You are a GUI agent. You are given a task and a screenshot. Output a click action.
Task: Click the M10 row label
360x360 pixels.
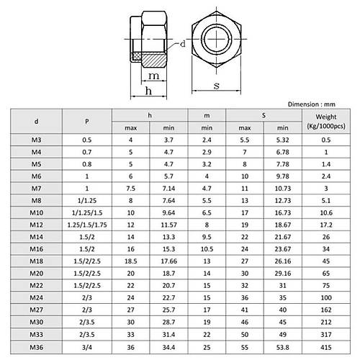36,213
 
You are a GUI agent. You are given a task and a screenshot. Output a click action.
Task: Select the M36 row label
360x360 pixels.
36,346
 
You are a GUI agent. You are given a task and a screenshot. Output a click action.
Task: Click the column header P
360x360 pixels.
87,120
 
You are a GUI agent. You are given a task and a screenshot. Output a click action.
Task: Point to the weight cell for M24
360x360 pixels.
325,295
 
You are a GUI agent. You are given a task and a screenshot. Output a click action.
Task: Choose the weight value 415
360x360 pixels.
325,346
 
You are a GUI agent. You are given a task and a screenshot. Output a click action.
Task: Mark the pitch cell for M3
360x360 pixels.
87,141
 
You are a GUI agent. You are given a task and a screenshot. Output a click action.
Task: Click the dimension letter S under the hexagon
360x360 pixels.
217,86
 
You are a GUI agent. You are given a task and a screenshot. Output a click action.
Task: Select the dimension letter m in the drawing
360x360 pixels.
154,75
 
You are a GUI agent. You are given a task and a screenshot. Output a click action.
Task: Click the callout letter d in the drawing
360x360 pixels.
184,44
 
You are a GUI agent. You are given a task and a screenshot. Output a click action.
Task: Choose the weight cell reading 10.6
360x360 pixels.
325,213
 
